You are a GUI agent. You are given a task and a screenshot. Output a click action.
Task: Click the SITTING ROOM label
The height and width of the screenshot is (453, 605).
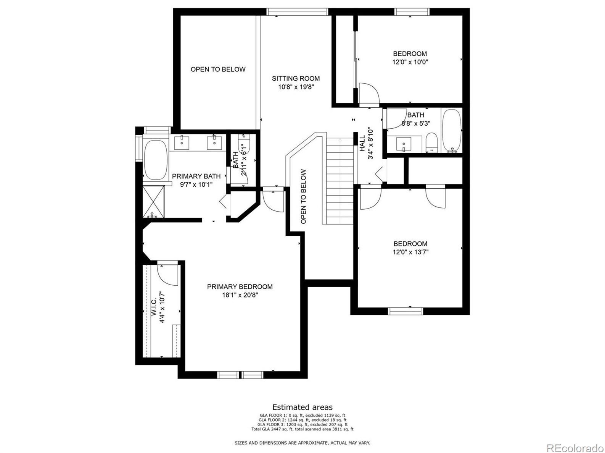(296, 79)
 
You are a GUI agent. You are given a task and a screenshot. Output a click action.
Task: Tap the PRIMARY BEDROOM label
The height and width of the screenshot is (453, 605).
(240, 287)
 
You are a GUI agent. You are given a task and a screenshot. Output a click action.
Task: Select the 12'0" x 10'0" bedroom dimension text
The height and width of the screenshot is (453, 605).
(410, 62)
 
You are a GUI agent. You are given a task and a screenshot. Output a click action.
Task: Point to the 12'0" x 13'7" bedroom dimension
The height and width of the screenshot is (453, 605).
(410, 252)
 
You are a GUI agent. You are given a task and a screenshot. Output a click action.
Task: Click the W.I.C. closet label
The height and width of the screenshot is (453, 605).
(154, 306)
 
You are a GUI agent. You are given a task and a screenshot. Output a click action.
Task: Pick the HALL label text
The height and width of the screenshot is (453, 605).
(362, 143)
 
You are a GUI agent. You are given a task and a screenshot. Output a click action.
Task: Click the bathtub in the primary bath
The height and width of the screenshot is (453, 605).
(156, 160)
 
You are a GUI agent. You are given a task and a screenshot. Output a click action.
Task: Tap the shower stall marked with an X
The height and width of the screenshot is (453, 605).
(153, 202)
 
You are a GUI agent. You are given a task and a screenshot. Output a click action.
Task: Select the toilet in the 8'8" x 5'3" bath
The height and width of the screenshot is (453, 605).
(431, 142)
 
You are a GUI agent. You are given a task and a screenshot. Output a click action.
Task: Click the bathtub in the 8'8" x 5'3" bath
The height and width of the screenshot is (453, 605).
(452, 131)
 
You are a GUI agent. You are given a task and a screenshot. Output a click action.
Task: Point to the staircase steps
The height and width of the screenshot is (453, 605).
(340, 181)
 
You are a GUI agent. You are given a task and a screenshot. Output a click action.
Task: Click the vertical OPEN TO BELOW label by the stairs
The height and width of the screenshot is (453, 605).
(304, 196)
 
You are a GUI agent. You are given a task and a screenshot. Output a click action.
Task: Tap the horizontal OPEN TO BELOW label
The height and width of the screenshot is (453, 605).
(218, 69)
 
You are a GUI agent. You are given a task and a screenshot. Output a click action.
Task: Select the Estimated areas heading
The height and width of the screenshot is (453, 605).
(302, 407)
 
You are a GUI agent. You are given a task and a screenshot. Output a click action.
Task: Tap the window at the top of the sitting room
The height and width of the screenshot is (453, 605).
(298, 12)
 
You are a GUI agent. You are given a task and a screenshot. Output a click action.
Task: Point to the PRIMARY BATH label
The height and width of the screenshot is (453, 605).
(196, 176)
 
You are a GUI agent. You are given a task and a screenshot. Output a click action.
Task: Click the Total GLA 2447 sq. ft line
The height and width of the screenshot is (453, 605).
(302, 429)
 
